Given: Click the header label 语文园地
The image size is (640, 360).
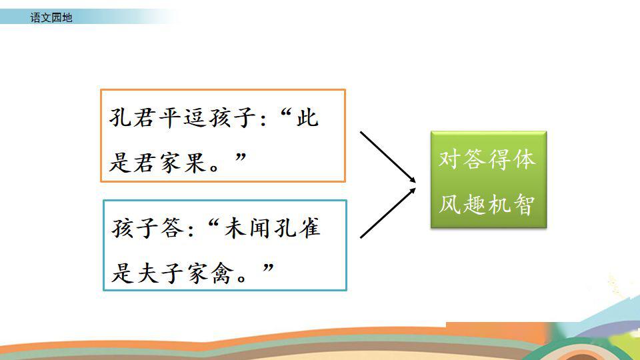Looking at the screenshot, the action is coord(51,17).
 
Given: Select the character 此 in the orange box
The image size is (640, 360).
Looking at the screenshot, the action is coord(307,118).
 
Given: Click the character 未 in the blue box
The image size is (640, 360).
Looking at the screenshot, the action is coord(237,228).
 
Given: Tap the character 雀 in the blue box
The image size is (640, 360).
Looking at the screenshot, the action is coord(309,228).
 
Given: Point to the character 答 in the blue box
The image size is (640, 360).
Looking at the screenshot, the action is coord(173,228).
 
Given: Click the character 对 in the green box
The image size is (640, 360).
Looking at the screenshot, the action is coord(450,159).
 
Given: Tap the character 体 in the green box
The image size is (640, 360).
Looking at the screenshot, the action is coord(524,159).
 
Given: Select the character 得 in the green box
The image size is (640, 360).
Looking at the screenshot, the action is coord(499,159).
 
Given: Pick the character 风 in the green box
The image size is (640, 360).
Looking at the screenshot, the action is coord(450,204).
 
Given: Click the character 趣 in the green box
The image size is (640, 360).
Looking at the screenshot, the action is coord(475,204).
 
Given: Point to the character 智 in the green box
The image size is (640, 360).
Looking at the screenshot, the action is coord(524,204).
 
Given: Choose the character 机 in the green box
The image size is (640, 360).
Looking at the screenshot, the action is coord(499,204).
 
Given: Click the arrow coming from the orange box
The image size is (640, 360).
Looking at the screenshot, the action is coord(388,157).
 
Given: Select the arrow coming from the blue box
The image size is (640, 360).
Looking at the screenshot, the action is coord(388,213).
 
